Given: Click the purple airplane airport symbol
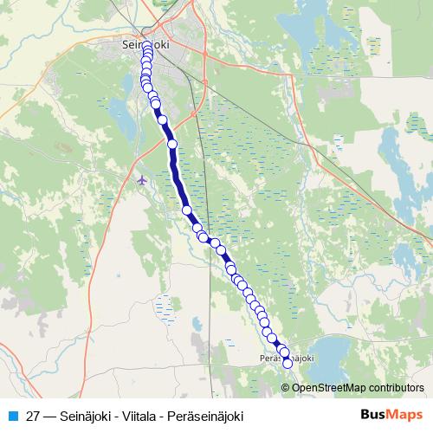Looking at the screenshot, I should coord(143,179).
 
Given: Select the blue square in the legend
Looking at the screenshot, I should coord(12,414).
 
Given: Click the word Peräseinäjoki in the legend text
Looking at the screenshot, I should coord(204,414).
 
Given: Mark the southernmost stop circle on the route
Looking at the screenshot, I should coord(288,364).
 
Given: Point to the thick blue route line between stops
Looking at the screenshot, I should coord(177,169).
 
